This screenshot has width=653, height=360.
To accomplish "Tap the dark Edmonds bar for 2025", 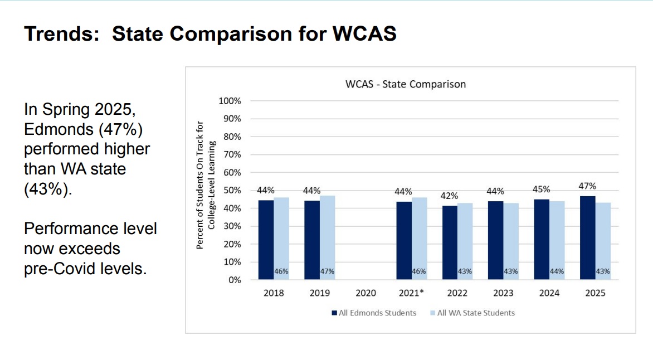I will click(587, 237).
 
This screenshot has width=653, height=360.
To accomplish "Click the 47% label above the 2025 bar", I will click(587, 186).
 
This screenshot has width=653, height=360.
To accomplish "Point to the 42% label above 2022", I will click(450, 196).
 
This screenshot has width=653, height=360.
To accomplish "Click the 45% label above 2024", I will click(541, 189).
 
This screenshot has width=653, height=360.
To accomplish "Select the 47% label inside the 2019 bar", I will click(327, 271).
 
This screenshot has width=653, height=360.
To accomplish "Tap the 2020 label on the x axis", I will click(366, 293).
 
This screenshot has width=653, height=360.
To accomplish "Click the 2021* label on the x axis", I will click(412, 293).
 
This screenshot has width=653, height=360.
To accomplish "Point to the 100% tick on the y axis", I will click(231, 101).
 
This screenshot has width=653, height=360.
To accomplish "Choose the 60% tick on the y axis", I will click(232, 173).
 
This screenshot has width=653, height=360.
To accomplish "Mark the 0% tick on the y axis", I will click(235, 280).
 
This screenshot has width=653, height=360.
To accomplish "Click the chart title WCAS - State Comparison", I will click(405, 84).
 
